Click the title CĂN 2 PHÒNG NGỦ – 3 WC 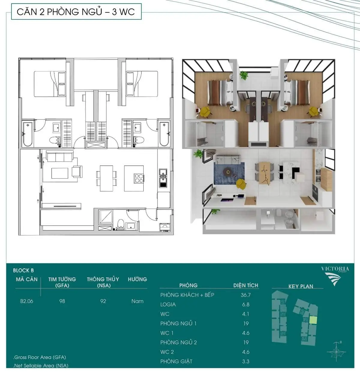76,12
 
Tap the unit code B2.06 27,301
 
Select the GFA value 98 62,301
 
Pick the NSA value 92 103,301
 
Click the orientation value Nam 137,301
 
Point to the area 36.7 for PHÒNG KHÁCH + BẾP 246,295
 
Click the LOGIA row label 168,304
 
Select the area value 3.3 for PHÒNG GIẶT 246,361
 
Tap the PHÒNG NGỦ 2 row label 178,343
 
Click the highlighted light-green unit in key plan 313,320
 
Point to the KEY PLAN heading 301,286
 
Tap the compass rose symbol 336,352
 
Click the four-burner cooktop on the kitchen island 139,178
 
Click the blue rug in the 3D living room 229,174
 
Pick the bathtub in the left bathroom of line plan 28,134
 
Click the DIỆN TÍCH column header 246,285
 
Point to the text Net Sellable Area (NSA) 41,365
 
